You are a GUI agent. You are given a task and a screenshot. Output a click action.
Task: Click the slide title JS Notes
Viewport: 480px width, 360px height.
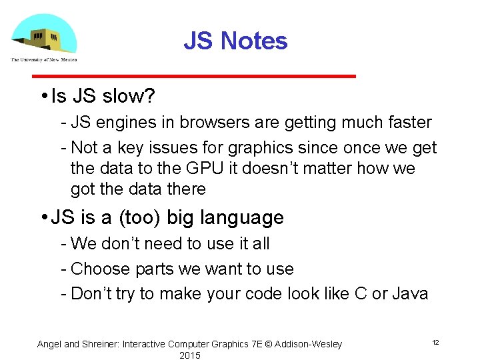point(235,41)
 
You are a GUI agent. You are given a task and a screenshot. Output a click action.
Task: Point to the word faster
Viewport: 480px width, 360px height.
point(405,123)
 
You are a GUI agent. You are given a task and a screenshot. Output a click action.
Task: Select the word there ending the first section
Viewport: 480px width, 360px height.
point(186,189)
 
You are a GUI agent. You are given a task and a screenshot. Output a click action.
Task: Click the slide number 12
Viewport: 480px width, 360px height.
point(435,343)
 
